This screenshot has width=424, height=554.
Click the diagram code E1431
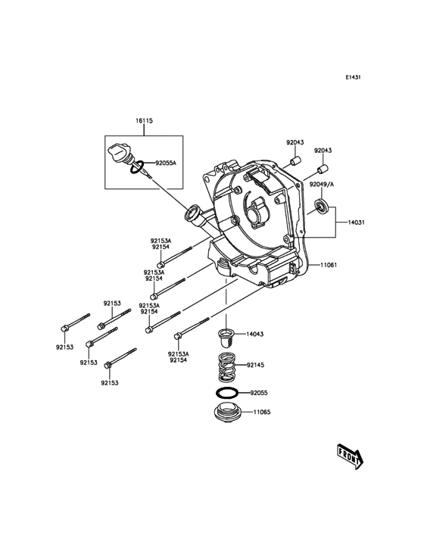[x=353, y=76]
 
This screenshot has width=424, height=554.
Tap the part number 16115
[x=144, y=121]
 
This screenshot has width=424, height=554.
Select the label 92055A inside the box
[x=165, y=163]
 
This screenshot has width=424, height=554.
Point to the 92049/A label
[x=322, y=184]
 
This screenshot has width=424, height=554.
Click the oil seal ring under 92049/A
[x=322, y=207]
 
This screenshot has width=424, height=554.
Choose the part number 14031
[x=356, y=223]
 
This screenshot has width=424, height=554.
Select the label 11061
[x=329, y=265]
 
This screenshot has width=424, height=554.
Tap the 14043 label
[x=254, y=334]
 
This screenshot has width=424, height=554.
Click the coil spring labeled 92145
[x=226, y=367]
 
